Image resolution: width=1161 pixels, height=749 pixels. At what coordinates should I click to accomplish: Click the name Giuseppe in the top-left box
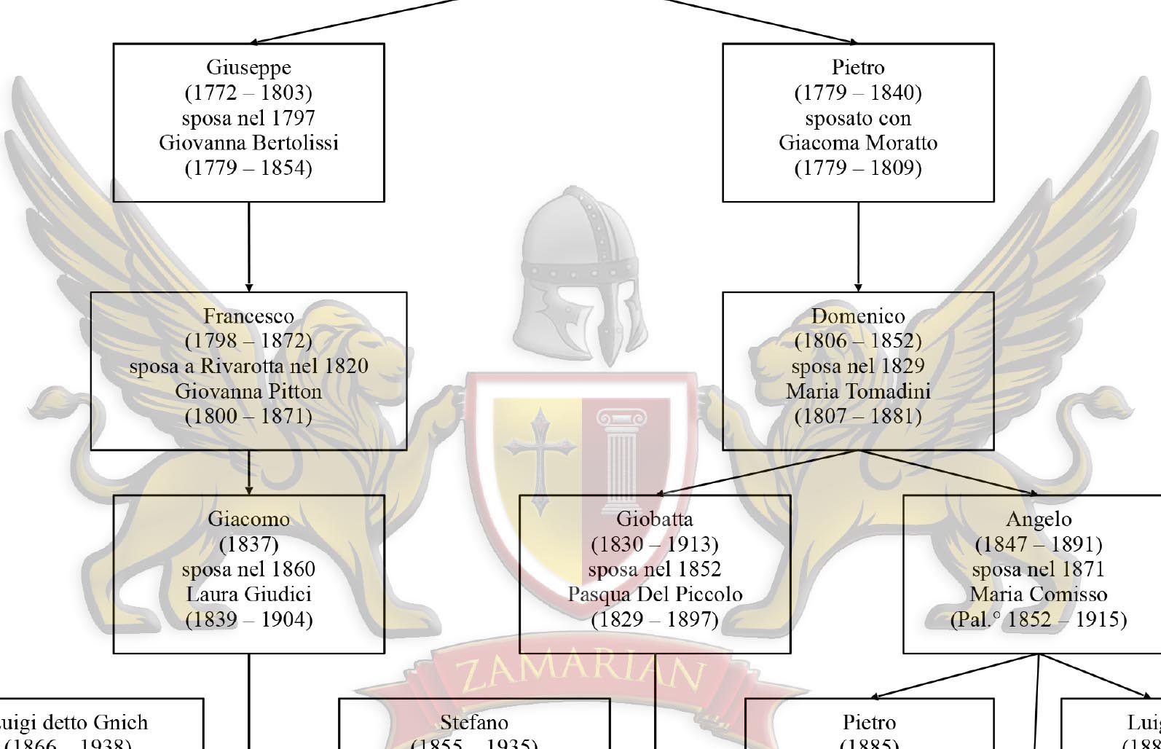point(248,68)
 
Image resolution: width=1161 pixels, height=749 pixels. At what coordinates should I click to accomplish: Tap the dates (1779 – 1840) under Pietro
point(857,93)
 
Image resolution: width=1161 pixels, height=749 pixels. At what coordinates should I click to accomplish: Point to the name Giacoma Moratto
point(857,143)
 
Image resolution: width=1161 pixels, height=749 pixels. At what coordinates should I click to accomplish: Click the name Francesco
point(248,316)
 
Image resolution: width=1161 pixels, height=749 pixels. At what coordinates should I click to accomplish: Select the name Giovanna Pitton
point(248,392)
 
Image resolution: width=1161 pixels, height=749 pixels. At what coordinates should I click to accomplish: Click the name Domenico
point(857,316)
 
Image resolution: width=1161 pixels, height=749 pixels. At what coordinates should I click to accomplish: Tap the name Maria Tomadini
point(857,392)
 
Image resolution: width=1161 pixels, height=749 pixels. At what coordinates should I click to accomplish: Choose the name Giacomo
point(248,519)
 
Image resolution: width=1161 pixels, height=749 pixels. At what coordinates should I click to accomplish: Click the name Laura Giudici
point(248,595)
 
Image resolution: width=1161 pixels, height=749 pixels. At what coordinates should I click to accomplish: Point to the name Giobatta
point(654,519)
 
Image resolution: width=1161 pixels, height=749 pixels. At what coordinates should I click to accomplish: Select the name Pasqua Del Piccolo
point(654,595)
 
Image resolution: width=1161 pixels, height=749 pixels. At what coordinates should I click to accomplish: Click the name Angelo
point(1038,519)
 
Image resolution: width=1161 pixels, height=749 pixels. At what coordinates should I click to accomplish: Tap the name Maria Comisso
point(1038,595)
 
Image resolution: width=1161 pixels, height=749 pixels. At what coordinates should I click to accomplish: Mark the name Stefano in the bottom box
point(474,723)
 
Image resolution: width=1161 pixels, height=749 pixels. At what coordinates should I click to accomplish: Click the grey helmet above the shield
point(575,277)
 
